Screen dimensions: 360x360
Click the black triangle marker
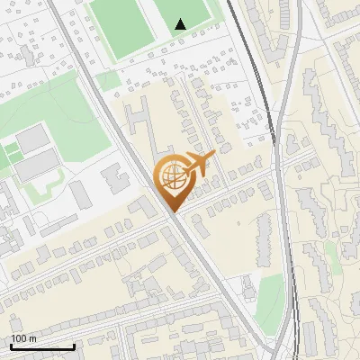(181, 24)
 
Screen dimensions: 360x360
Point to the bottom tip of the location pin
(172, 211)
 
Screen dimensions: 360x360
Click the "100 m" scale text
(24, 338)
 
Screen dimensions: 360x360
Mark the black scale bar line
(42, 346)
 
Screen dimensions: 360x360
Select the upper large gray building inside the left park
(33, 139)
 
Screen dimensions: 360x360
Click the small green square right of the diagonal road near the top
(108, 81)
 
